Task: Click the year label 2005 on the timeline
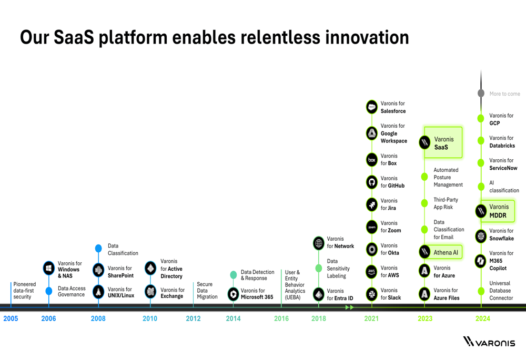(x=11, y=318)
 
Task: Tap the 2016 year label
(x=281, y=318)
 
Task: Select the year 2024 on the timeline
(x=483, y=318)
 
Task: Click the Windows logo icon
(x=48, y=268)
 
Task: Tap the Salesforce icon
(x=372, y=107)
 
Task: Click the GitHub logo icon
(x=372, y=182)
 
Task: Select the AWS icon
(x=372, y=272)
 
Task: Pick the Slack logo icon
(x=372, y=294)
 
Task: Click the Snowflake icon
(x=481, y=236)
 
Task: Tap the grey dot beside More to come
(x=481, y=93)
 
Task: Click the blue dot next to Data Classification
(x=98, y=249)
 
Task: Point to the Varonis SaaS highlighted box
(x=443, y=142)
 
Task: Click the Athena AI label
(x=446, y=252)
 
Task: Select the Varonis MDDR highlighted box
(x=498, y=211)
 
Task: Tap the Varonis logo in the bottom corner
(x=489, y=342)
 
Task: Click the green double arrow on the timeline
(x=350, y=307)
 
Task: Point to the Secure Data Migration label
(x=207, y=290)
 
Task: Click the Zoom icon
(x=372, y=227)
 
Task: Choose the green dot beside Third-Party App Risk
(x=424, y=203)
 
